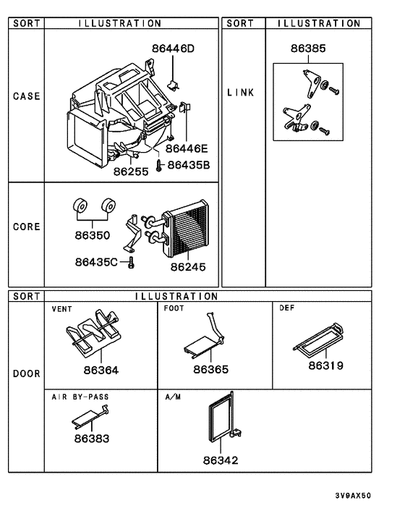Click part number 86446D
[174, 48]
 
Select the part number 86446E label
[187, 148]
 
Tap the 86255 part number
[130, 172]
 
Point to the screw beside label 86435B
[158, 164]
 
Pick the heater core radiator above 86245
[187, 229]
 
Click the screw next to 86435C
[131, 264]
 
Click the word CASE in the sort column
[26, 96]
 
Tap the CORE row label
[26, 226]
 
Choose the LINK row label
[240, 93]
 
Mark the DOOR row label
[26, 374]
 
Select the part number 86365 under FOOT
[210, 370]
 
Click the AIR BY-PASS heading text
[80, 397]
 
